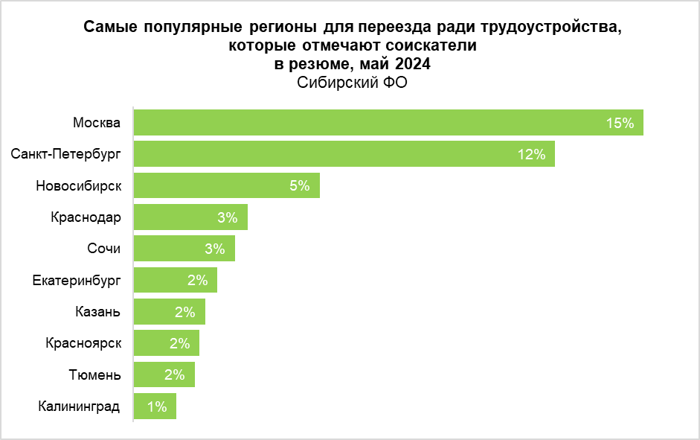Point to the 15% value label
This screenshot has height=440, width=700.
[620, 123]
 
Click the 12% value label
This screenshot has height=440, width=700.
[531, 154]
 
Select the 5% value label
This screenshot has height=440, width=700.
[299, 185]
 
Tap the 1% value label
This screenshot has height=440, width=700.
[157, 406]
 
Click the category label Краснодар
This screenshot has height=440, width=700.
[86, 217]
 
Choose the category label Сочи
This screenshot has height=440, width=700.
[104, 249]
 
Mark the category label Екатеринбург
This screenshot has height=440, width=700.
[77, 281]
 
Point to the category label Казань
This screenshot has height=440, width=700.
[97, 312]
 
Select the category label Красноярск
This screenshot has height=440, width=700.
[83, 343]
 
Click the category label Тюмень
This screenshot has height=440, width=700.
[96, 375]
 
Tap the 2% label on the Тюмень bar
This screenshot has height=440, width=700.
[174, 375]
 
